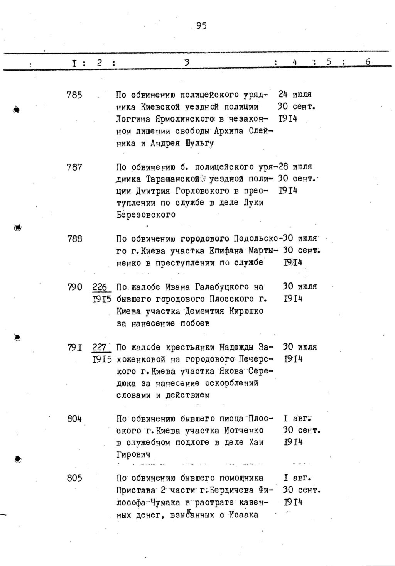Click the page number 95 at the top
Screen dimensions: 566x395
(x=201, y=26)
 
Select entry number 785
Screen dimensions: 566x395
(x=74, y=95)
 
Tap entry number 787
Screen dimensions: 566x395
(x=74, y=167)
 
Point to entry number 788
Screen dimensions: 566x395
(x=74, y=239)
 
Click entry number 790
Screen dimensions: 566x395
(x=74, y=287)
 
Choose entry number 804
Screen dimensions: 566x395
(x=74, y=419)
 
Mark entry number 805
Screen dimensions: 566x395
(x=74, y=478)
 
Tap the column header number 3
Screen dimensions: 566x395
(x=187, y=62)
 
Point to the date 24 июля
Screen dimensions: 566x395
(x=295, y=95)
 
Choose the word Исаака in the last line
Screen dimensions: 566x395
(x=243, y=515)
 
